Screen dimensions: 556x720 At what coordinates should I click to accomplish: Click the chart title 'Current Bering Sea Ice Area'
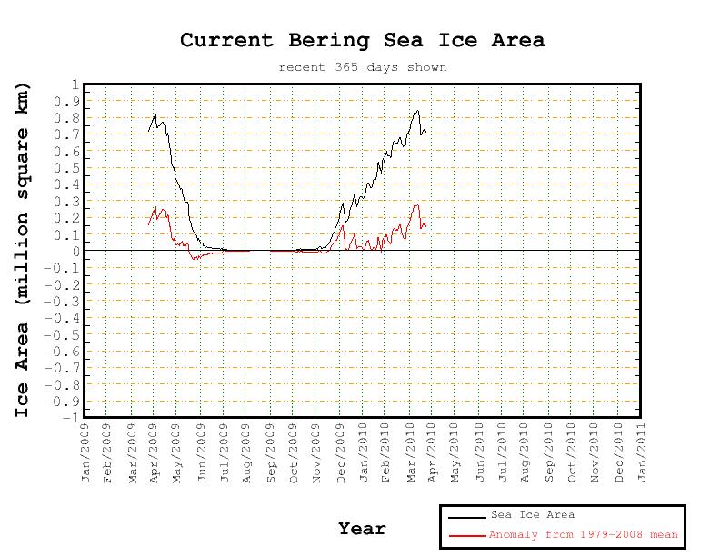tap(362, 40)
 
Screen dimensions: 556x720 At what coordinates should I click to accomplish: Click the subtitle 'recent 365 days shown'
tap(362, 67)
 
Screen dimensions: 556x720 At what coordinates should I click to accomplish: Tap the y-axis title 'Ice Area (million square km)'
tap(23, 250)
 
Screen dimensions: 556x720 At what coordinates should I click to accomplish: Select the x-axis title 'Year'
tap(362, 529)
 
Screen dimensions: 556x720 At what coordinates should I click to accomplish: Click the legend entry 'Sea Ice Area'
tap(532, 515)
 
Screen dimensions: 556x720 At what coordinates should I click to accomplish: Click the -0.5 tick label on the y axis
tap(66, 335)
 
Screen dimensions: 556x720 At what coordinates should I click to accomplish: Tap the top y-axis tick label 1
tap(74, 84)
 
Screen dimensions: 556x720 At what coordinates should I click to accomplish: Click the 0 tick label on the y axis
tap(74, 252)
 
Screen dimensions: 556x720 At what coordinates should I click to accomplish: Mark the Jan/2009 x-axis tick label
tap(85, 452)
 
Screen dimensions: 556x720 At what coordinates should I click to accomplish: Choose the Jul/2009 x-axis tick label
tap(225, 452)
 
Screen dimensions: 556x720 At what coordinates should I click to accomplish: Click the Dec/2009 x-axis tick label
tap(342, 452)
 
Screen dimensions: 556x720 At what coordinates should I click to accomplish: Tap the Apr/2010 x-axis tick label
tap(435, 452)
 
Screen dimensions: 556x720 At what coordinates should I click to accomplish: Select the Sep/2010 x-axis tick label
tap(551, 452)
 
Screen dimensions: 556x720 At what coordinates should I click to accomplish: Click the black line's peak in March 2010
tap(417, 111)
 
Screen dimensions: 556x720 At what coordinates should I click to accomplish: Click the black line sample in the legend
tap(466, 516)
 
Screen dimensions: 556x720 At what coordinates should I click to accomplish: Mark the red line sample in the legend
tap(466, 536)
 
